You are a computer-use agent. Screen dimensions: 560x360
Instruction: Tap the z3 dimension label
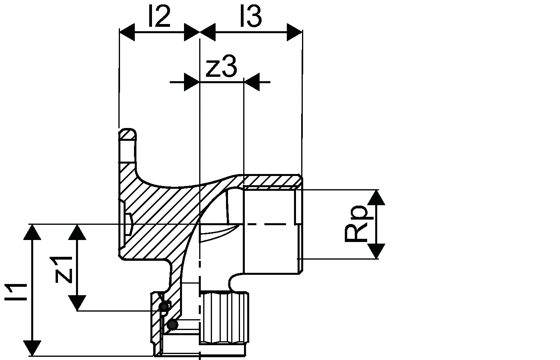coord(221,66)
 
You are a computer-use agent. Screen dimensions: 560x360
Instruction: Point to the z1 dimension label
coord(64,270)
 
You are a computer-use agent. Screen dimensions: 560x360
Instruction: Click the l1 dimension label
coord(16,292)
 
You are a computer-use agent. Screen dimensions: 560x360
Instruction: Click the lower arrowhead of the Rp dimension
coord(376,251)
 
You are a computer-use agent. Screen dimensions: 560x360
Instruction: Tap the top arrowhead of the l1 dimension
coord(32,232)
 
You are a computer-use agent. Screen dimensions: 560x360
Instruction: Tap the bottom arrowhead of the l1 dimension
coord(32,348)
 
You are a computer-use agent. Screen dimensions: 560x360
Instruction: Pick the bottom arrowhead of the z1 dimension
coord(77,303)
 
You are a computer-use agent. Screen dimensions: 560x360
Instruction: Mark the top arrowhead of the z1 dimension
coord(77,232)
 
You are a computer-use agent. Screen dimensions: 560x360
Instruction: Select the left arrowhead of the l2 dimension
coord(127,32)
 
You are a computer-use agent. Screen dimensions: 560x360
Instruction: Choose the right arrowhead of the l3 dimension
coord(294,32)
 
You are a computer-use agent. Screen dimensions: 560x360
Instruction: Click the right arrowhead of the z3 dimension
coord(252,82)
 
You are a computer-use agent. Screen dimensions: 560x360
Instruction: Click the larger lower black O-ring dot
coord(172,325)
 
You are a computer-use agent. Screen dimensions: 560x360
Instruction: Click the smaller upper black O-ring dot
coord(164,306)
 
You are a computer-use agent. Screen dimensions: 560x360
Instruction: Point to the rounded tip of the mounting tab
coord(128,132)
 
